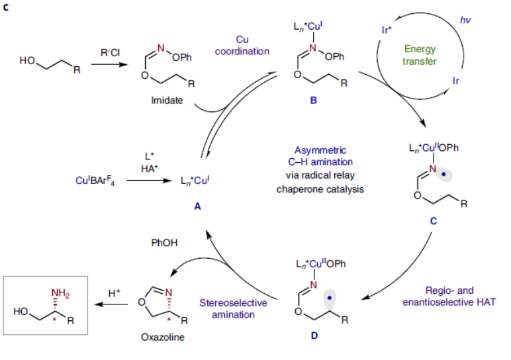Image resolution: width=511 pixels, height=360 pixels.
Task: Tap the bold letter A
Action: (196, 206)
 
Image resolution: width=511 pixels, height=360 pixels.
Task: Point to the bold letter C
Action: (433, 221)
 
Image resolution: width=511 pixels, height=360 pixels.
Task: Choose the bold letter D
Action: (314, 336)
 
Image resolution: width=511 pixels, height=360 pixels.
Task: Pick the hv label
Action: (466, 21)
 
